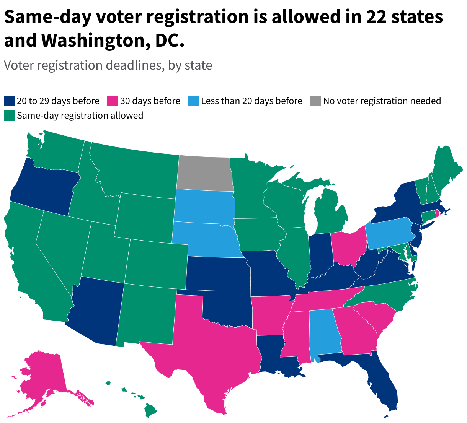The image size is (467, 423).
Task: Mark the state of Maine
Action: (x=446, y=164)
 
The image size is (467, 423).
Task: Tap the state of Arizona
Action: (x=96, y=310)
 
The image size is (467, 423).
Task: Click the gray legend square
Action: (x=315, y=101)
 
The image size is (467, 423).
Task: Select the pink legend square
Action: (x=113, y=101)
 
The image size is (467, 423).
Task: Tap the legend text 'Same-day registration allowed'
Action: (x=80, y=116)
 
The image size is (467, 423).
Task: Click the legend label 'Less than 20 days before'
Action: (x=251, y=101)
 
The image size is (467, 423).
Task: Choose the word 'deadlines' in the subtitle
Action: (x=132, y=65)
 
